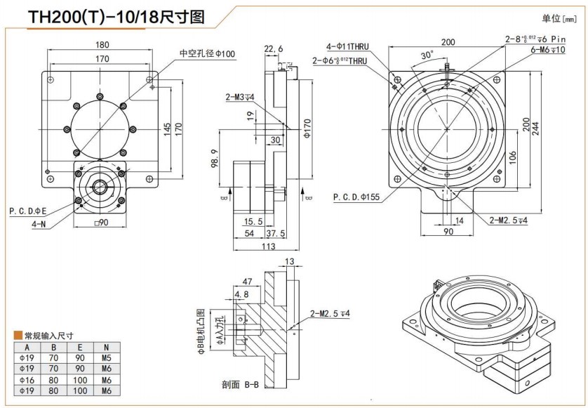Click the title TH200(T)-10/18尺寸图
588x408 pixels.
pos(116,16)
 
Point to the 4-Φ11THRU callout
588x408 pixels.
pos(347,47)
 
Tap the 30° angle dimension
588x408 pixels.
pos(426,55)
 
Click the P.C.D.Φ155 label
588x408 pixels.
pos(356,197)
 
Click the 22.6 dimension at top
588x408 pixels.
pos(274,48)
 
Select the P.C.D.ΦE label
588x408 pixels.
pos(28,210)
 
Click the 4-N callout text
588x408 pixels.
pos(39,224)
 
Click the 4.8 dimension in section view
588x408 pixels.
pos(241,294)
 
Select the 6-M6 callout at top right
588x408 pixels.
pos(547,49)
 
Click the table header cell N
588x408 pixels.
pos(106,346)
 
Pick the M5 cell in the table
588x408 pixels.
pos(106,357)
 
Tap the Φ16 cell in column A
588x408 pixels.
pos(27,379)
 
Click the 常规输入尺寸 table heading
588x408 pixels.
pos(48,336)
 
